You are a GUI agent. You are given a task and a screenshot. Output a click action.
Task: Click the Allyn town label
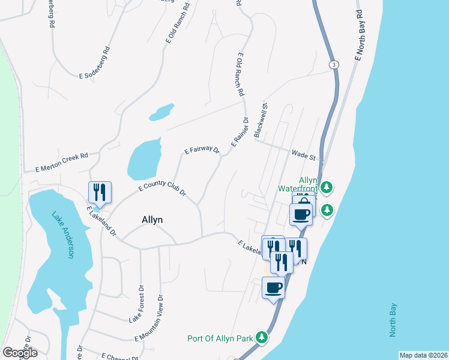click(x=152, y=220)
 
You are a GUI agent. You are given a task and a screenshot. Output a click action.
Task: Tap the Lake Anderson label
click(x=62, y=236)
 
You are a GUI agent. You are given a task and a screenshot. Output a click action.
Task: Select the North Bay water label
click(x=393, y=321)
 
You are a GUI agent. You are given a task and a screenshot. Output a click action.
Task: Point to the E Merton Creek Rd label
click(x=61, y=161)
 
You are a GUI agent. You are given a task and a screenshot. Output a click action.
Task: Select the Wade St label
click(x=304, y=156)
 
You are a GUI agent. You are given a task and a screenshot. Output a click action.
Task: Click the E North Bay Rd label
click(x=360, y=35)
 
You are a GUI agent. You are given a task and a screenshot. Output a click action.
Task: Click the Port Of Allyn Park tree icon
click(x=262, y=338)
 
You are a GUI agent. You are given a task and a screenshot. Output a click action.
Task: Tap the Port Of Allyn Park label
click(x=220, y=338)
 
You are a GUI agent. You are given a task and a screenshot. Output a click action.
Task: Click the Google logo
click(x=20, y=353)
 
